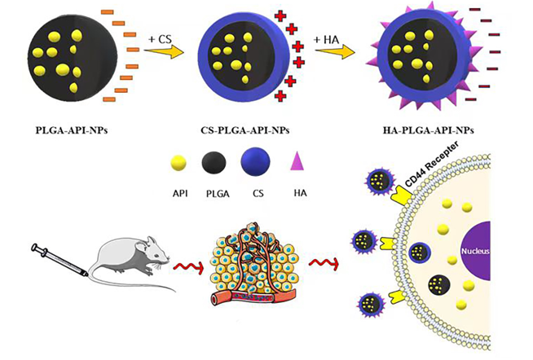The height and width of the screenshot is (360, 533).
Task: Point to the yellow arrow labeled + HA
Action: click(334, 52)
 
